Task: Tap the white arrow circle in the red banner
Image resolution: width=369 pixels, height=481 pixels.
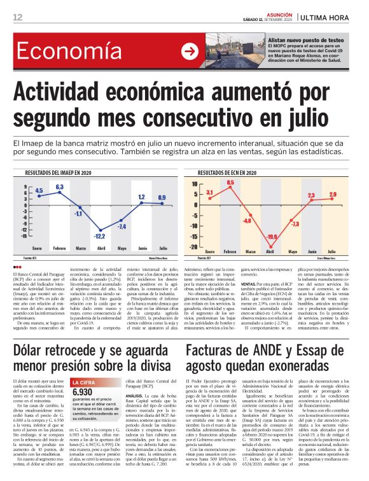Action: point(189,52)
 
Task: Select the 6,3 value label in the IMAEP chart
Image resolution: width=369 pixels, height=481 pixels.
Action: point(60,186)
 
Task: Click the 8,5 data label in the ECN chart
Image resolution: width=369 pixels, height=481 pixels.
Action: point(230,183)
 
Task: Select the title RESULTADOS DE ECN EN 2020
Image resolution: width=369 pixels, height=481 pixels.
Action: point(230,172)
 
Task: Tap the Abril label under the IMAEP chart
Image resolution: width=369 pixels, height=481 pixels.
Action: point(100,247)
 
